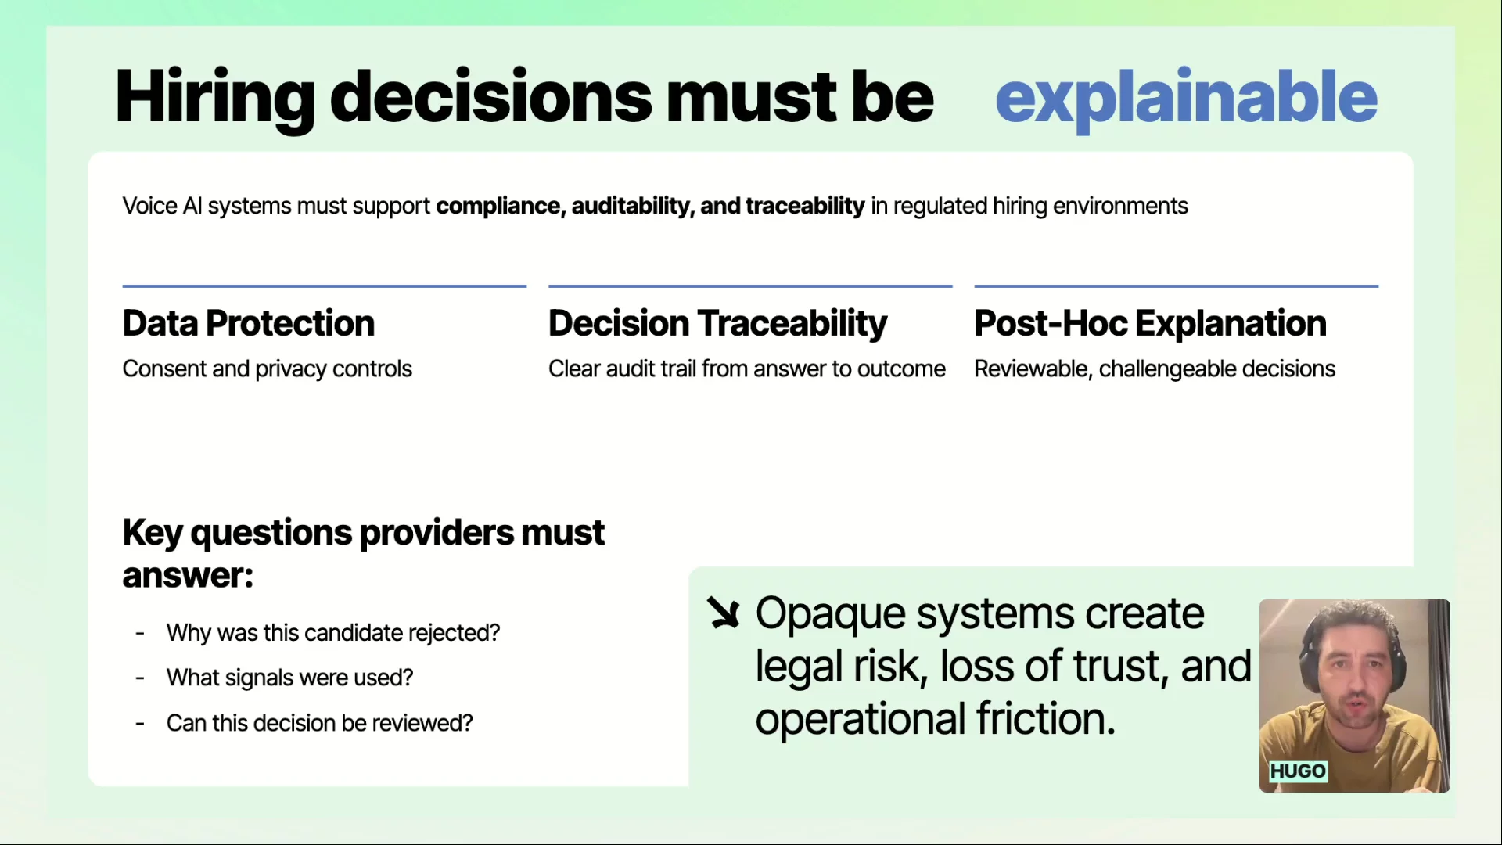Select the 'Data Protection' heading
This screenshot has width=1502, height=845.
249,323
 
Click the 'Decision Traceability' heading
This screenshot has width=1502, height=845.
718,324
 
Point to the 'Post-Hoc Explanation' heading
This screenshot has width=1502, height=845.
1150,323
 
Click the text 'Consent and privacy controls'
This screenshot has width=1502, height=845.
268,369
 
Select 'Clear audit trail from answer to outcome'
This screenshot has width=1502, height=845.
747,369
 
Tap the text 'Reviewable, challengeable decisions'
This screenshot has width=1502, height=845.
1155,369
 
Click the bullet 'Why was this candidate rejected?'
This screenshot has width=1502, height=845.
333,633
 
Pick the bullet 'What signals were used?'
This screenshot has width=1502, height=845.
289,678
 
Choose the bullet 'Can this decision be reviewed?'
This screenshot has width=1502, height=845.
320,723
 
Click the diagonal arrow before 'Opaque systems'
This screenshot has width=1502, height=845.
724,613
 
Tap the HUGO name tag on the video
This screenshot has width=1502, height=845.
1298,771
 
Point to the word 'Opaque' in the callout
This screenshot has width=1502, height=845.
831,615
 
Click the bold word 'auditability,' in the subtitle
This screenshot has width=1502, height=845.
633,206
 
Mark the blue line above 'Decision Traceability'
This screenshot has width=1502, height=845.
750,286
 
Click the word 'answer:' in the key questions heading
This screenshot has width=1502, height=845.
188,577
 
